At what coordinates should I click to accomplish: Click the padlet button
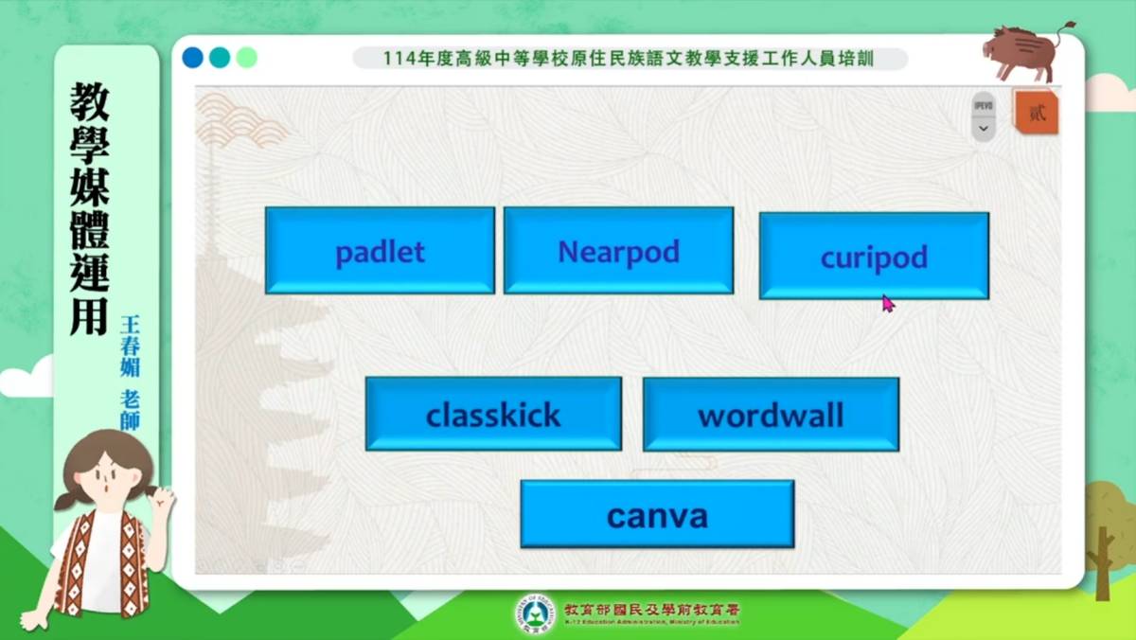380,251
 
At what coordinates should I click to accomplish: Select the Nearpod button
618,251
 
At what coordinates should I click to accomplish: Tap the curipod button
874,257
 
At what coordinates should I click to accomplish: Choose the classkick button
493,414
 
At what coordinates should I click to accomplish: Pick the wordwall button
771,414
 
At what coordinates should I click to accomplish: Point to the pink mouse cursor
888,303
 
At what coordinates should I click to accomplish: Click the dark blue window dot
193,58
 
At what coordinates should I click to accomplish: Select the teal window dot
220,58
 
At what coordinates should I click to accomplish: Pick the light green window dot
246,58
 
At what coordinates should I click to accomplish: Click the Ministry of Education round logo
535,613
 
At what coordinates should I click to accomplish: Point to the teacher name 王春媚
130,346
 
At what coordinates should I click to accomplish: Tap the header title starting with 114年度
629,59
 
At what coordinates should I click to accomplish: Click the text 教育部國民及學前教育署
651,609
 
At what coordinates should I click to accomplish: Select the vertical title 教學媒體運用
90,208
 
